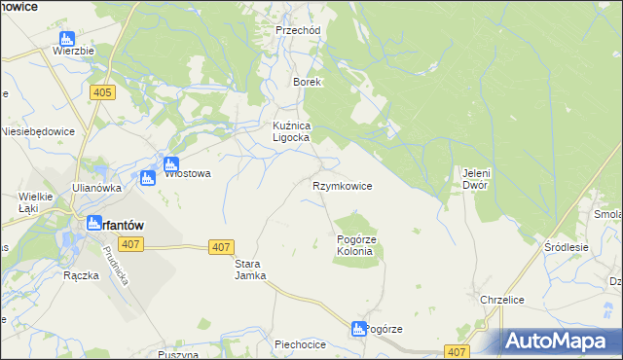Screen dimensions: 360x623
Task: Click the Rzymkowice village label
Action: click(x=342, y=185)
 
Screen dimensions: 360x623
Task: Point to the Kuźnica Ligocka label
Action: click(x=290, y=131)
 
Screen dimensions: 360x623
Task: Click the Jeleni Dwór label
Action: click(x=474, y=178)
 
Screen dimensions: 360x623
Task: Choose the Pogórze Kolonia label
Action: click(x=354, y=245)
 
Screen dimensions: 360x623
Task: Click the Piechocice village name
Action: click(x=299, y=343)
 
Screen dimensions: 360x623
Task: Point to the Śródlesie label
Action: click(x=568, y=247)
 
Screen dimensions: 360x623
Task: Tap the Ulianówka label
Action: click(x=95, y=188)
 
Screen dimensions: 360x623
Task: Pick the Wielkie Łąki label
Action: click(x=35, y=201)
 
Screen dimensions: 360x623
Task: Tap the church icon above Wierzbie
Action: click(x=66, y=40)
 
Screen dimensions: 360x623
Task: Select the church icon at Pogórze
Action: click(x=358, y=330)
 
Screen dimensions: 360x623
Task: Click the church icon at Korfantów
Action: click(x=93, y=223)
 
